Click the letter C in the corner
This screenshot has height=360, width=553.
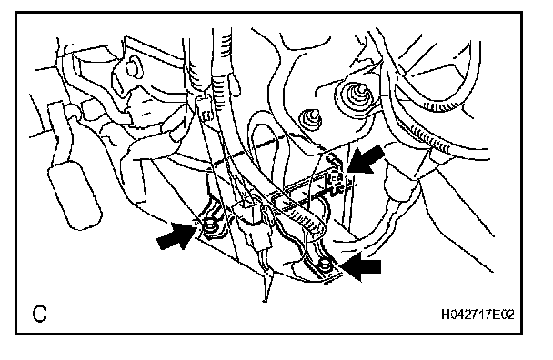click(39, 314)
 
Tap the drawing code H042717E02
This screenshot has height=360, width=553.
click(478, 314)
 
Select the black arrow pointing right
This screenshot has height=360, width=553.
click(176, 235)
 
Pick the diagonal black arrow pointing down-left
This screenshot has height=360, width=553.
click(366, 160)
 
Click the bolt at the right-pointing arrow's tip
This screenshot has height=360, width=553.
click(209, 225)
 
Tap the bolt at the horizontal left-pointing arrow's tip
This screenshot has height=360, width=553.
click(324, 266)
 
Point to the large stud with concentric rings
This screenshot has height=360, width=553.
click(357, 95)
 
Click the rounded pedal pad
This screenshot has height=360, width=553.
click(75, 195)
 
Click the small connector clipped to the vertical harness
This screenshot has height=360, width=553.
click(206, 112)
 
